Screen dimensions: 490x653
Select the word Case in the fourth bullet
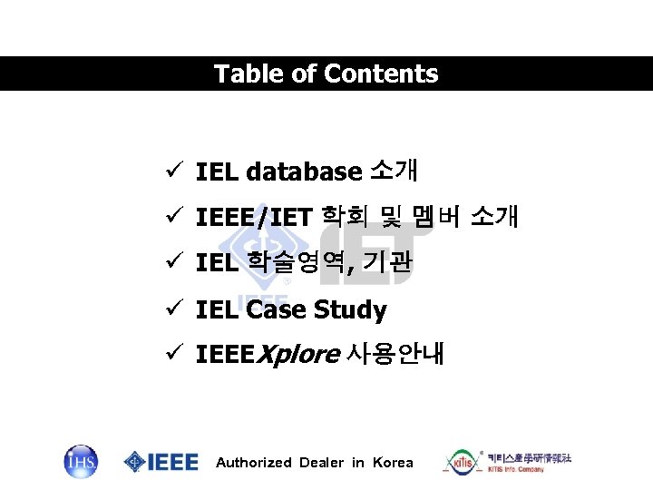276,310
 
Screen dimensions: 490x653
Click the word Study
350,310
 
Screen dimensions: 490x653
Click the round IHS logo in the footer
81,462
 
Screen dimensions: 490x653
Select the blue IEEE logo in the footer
161,462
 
